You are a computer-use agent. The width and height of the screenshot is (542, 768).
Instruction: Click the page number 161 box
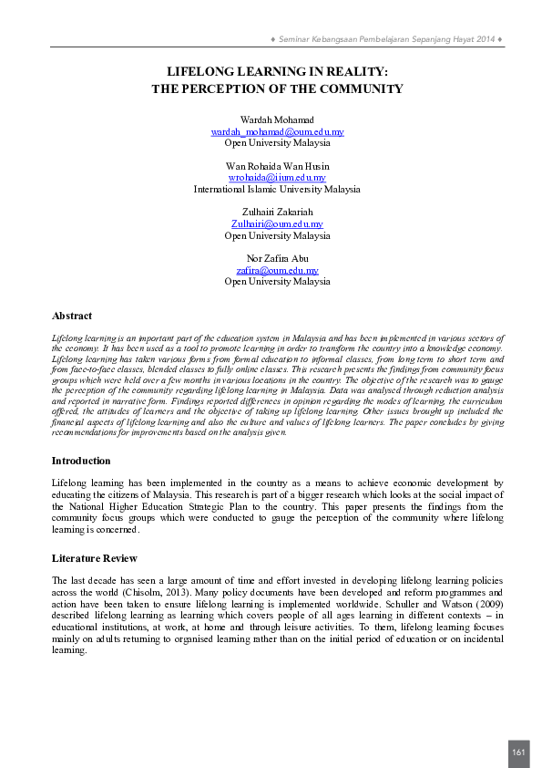click(x=518, y=752)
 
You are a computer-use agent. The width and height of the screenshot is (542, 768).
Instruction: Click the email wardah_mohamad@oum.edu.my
click(x=277, y=131)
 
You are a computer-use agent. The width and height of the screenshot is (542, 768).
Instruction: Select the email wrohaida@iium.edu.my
click(x=277, y=177)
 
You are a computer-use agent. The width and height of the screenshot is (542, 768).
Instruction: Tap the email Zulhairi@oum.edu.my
click(x=277, y=223)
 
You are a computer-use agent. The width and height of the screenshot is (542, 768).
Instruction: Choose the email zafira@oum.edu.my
click(x=277, y=270)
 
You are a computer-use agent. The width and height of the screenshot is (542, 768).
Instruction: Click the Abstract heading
click(x=72, y=316)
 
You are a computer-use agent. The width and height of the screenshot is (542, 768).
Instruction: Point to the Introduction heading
click(x=81, y=461)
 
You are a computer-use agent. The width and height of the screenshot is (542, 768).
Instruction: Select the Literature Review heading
click(x=95, y=557)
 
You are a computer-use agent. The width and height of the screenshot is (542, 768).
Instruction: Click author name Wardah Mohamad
click(x=277, y=119)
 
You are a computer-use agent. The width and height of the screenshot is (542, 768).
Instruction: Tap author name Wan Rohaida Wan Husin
click(x=277, y=165)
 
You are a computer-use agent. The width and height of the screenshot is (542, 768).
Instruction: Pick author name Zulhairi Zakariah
click(x=277, y=212)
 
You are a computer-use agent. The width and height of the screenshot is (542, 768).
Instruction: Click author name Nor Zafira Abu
click(x=277, y=258)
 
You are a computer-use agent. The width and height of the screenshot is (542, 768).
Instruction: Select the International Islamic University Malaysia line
click(x=277, y=189)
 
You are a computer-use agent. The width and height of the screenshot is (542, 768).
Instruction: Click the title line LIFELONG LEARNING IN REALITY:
click(x=277, y=71)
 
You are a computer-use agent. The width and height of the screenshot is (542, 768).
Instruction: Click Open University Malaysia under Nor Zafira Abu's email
click(x=277, y=282)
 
